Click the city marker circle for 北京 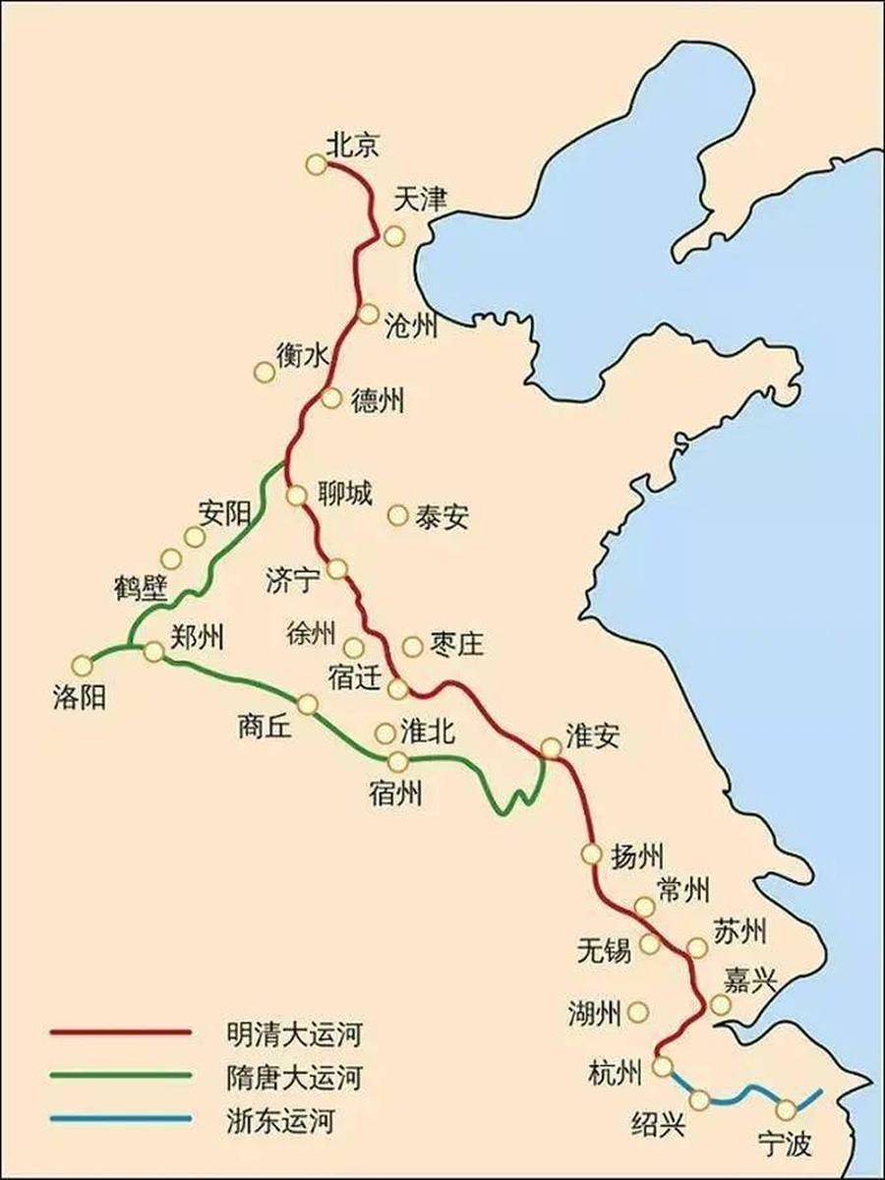pyautogui.click(x=316, y=165)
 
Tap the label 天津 pyautogui.click(x=420, y=201)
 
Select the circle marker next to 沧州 pyautogui.click(x=369, y=314)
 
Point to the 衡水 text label pyautogui.click(x=300, y=357)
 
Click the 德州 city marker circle pyautogui.click(x=331, y=398)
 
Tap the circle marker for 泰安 pyautogui.click(x=398, y=514)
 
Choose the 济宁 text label pyautogui.click(x=293, y=580)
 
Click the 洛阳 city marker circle pyautogui.click(x=83, y=666)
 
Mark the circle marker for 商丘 pyautogui.click(x=308, y=704)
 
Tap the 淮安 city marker pyautogui.click(x=551, y=748)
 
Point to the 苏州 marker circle pyautogui.click(x=697, y=948)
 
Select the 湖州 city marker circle pyautogui.click(x=638, y=1011)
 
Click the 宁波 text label pyautogui.click(x=786, y=1144)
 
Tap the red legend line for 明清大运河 pyautogui.click(x=119, y=1032)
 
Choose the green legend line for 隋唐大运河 pyautogui.click(x=119, y=1075)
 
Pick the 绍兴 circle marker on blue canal pyautogui.click(x=700, y=1099)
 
